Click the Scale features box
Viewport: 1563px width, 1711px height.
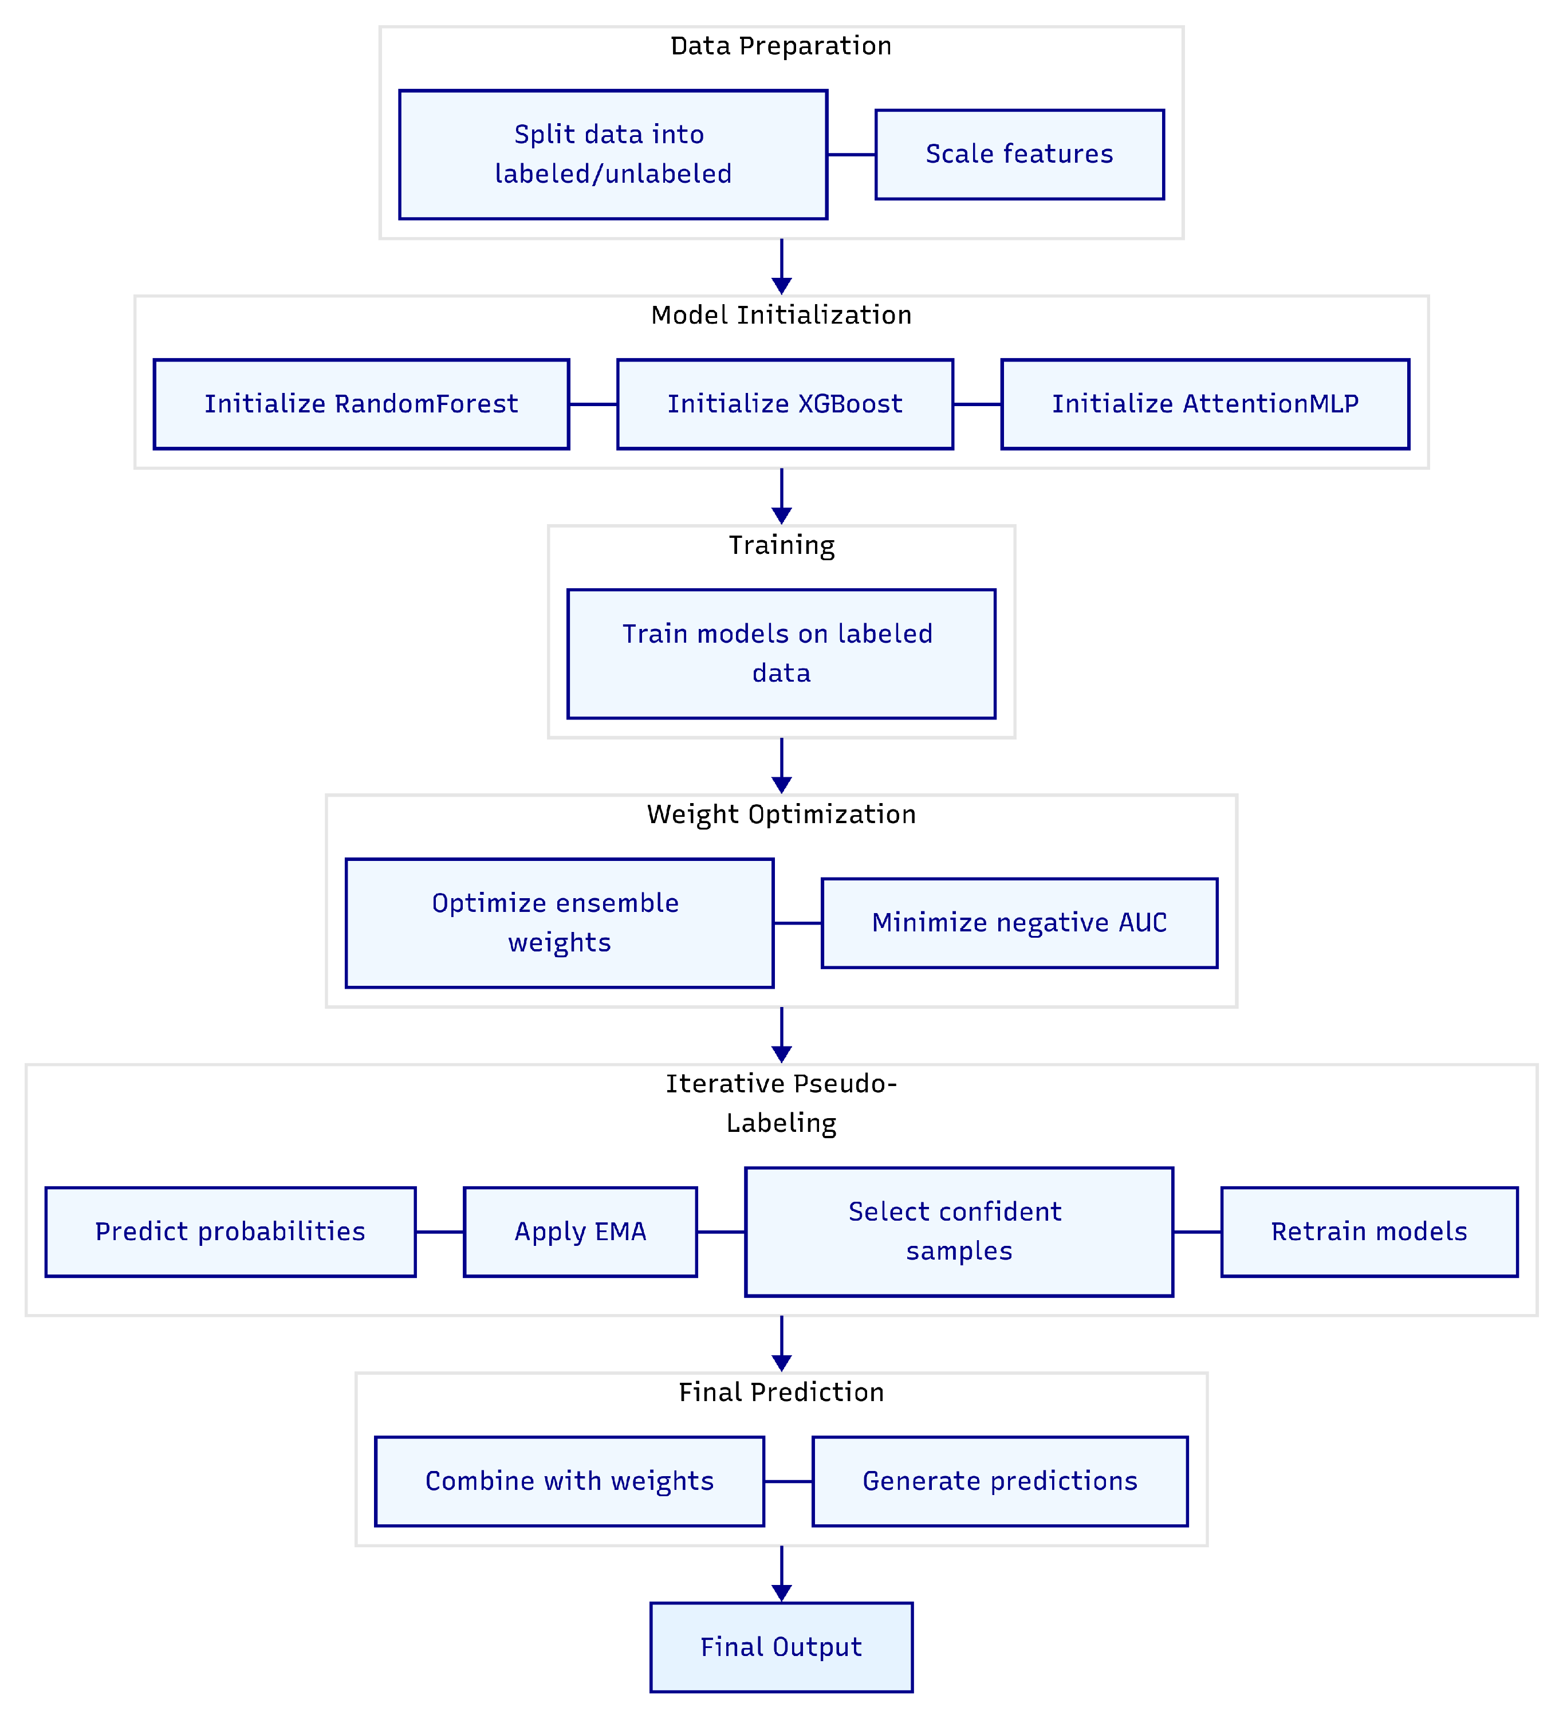(x=1019, y=155)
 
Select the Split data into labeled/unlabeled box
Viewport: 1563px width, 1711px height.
(x=613, y=155)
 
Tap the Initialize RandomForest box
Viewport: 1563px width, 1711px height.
(x=361, y=404)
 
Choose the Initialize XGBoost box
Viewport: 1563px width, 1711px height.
(x=785, y=404)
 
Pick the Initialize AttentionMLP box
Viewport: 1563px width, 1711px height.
(x=1205, y=404)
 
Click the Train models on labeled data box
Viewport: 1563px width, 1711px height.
(x=781, y=654)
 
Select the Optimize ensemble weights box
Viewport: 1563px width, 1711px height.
(x=559, y=923)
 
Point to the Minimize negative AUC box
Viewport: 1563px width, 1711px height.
(x=1019, y=923)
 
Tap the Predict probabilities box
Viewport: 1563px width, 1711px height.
(x=230, y=1232)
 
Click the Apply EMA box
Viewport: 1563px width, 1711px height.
(x=580, y=1232)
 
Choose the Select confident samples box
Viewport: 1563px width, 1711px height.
(x=959, y=1232)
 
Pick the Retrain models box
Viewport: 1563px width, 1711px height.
(x=1369, y=1232)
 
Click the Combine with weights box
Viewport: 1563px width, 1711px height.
(x=569, y=1481)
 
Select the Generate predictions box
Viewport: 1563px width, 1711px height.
(x=999, y=1481)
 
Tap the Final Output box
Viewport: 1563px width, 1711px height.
(x=781, y=1646)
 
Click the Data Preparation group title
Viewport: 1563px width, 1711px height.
(x=781, y=46)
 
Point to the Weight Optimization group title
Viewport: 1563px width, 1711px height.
(x=781, y=814)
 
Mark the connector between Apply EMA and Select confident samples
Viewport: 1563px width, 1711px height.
(x=721, y=1232)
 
